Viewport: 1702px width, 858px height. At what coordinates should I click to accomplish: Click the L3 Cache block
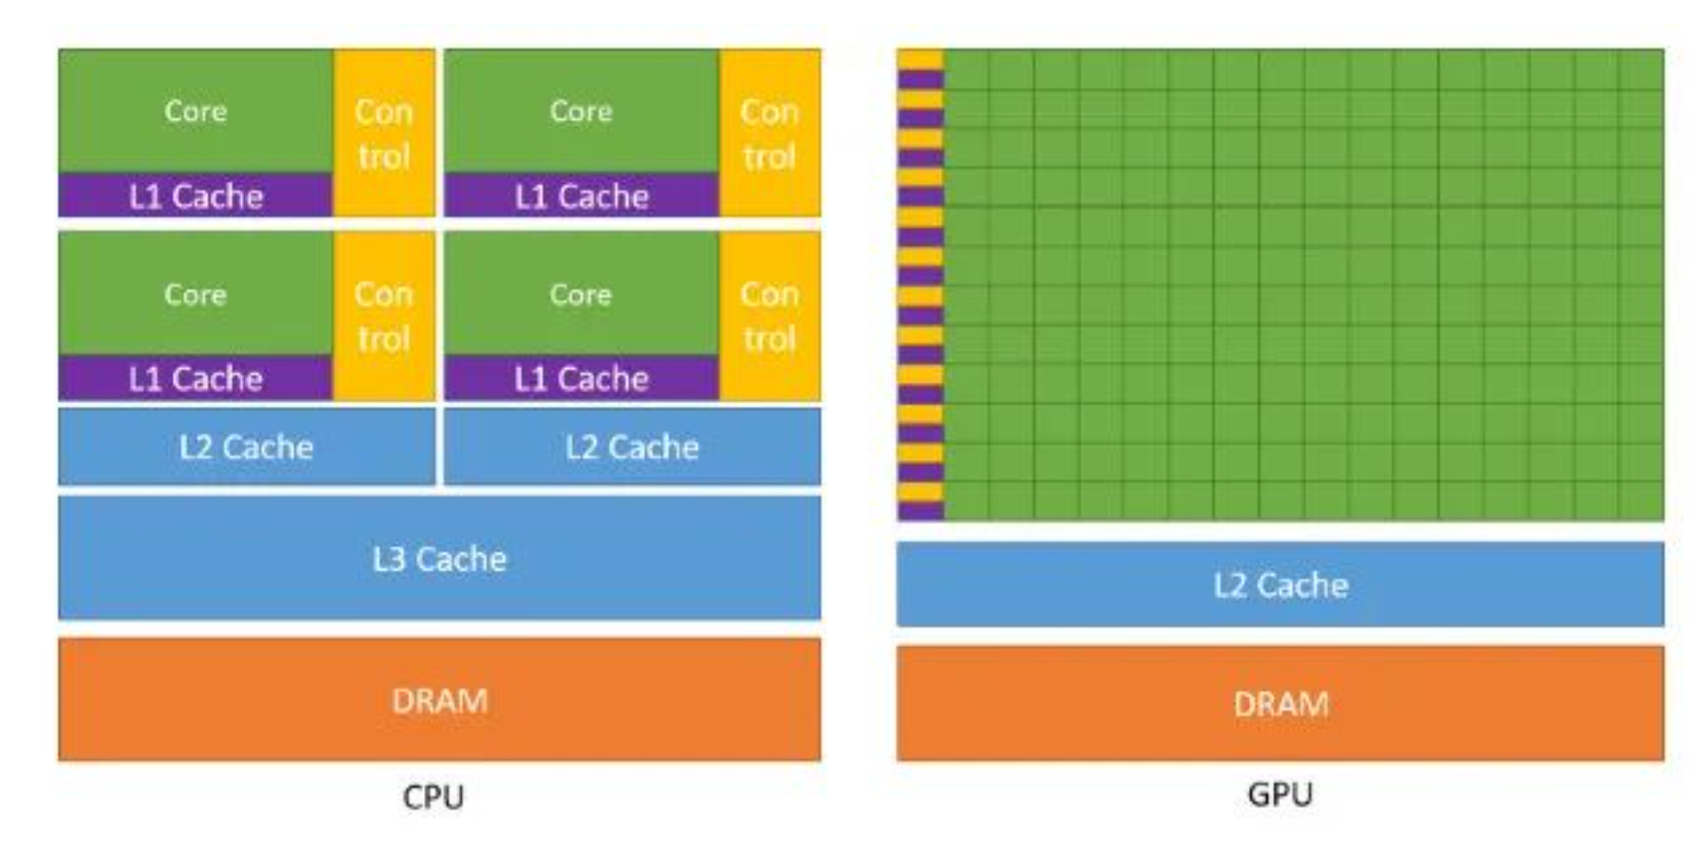click(440, 558)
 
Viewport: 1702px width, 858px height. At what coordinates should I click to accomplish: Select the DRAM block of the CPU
click(440, 699)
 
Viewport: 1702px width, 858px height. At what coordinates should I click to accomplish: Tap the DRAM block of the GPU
click(1280, 703)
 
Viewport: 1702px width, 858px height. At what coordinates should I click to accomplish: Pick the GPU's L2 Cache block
click(1280, 584)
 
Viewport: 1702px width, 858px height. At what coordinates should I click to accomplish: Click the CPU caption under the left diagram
click(434, 797)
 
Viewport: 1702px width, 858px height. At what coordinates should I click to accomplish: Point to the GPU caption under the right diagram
click(1280, 794)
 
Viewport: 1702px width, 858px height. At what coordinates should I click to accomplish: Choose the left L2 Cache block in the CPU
click(246, 446)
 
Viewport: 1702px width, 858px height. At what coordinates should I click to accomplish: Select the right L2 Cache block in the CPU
click(632, 446)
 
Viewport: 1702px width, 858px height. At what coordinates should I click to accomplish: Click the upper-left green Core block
click(196, 110)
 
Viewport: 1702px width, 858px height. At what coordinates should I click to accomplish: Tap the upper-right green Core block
click(581, 110)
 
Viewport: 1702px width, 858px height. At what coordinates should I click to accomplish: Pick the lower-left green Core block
click(196, 293)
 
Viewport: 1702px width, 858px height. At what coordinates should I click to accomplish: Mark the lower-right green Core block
click(581, 293)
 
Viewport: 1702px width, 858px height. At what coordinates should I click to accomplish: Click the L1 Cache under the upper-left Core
click(196, 196)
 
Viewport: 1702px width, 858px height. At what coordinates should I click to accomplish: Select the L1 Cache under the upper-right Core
click(581, 196)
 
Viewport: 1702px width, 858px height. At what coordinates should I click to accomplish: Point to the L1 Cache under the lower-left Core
click(196, 378)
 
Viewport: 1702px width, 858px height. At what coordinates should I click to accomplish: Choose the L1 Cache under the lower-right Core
click(581, 378)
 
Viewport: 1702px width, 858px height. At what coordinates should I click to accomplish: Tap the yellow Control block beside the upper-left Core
click(384, 134)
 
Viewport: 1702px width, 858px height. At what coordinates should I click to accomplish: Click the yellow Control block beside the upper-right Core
click(770, 134)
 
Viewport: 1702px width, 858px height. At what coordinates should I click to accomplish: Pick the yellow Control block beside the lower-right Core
click(770, 316)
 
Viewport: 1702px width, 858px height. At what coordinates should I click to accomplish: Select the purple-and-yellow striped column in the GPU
click(920, 285)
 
